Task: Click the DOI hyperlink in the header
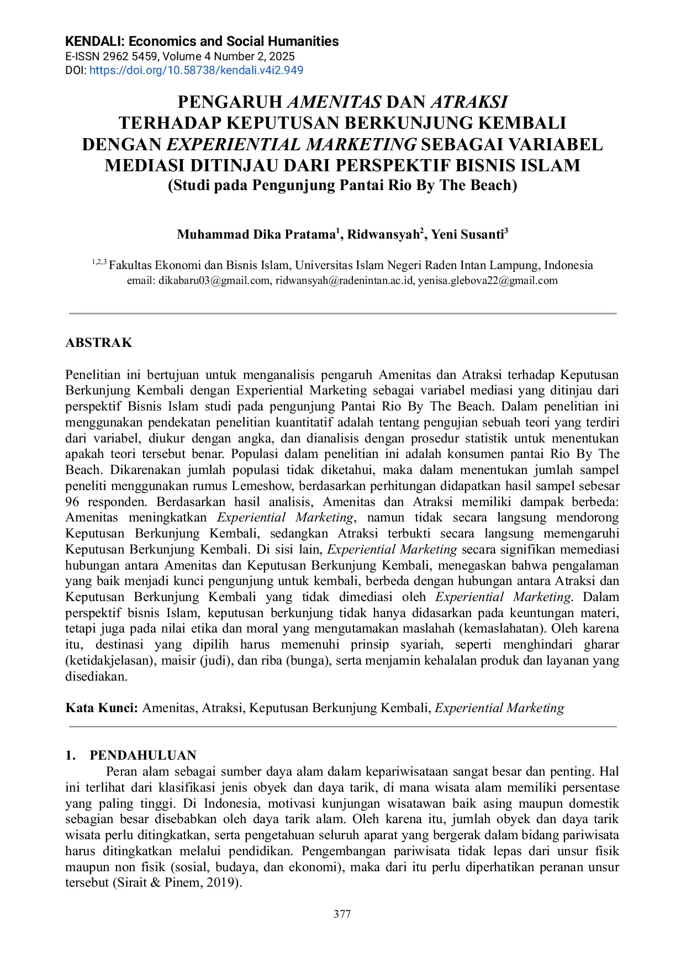196,70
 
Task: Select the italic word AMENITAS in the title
334,102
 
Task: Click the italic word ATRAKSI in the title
468,102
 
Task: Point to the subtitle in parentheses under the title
342,185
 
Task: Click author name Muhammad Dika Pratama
256,235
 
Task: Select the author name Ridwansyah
383,235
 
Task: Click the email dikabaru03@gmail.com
214,281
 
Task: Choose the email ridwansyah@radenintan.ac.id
345,281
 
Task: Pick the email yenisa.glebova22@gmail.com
488,281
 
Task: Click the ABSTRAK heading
99,343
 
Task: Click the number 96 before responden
72,502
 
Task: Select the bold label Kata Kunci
101,708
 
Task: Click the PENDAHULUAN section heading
143,755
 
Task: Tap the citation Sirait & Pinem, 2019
177,883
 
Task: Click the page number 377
342,914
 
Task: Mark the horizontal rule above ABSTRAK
342,313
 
